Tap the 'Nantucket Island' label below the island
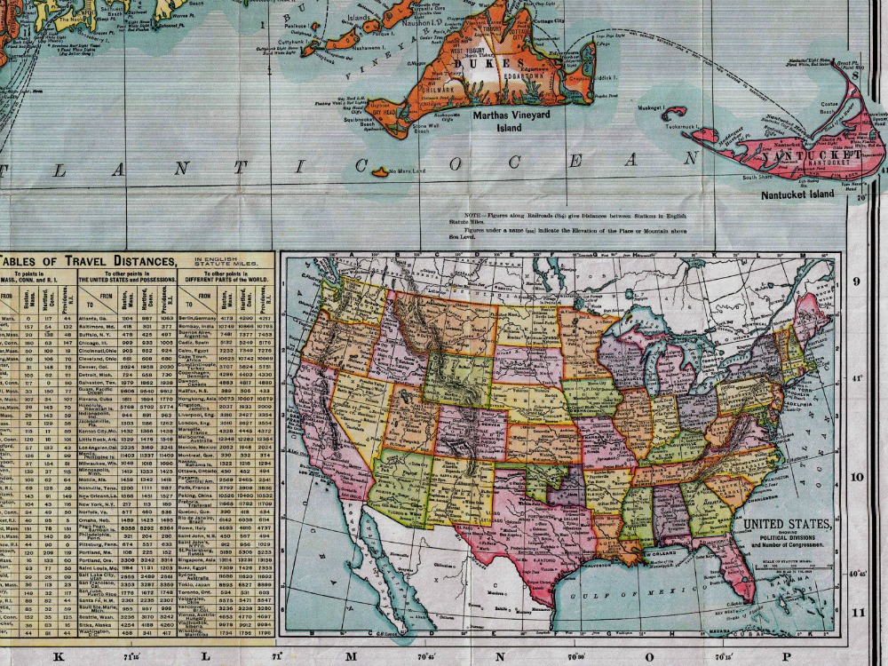(797, 194)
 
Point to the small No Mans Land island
(380, 171)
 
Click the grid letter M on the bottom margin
(352, 657)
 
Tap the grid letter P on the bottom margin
(785, 657)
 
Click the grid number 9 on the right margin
(858, 282)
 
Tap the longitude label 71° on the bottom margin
(276, 657)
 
